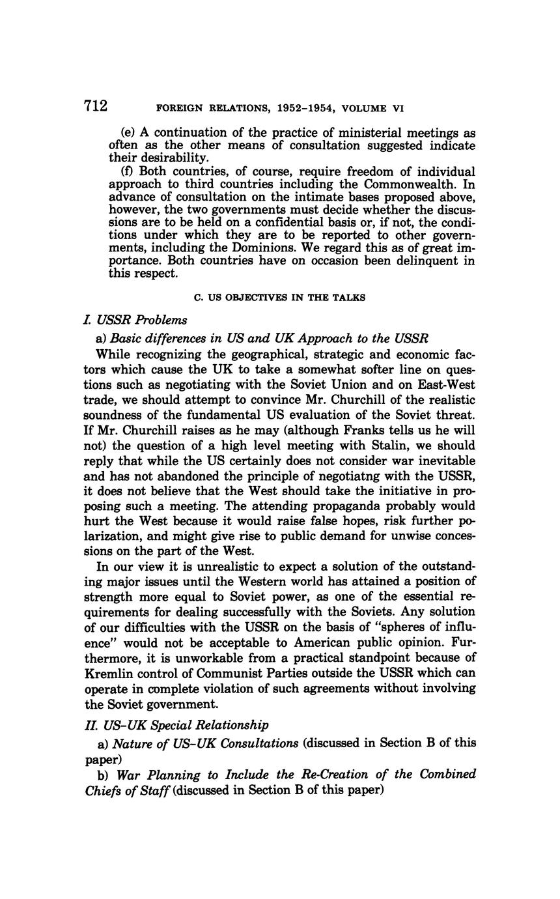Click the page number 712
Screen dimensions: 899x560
pos(96,106)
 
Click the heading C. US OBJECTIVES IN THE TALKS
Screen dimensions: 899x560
pos(280,298)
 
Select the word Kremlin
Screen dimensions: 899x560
pos(108,673)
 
